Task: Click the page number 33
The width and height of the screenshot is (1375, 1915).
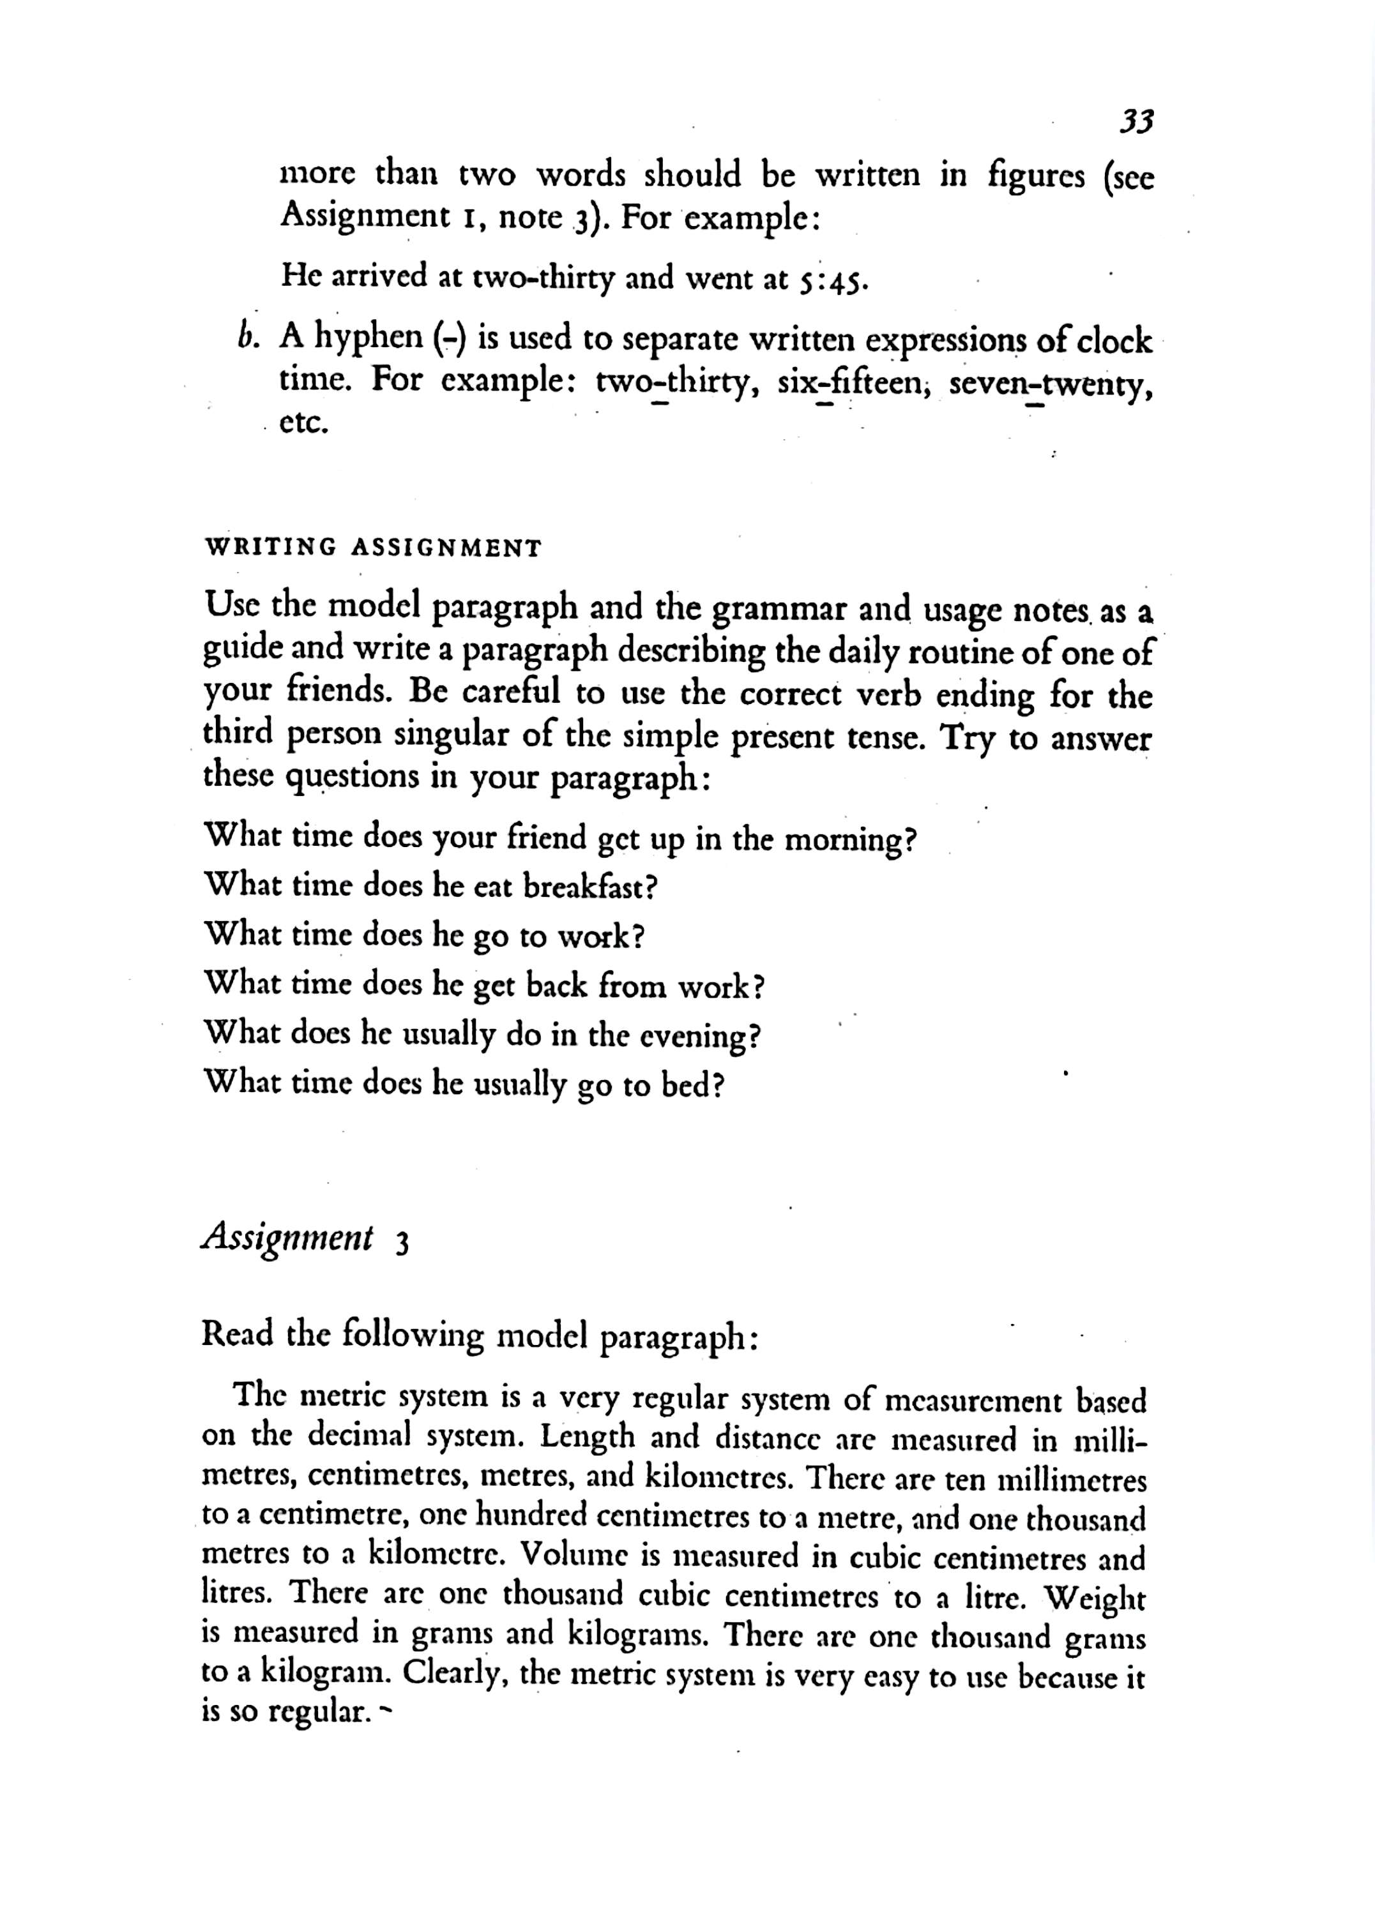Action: [x=1136, y=123]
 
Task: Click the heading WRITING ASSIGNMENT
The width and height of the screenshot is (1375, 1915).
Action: [x=372, y=548]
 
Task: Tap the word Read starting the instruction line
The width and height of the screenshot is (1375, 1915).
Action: [x=238, y=1333]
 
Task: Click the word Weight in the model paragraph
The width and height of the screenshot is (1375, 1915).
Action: [x=1095, y=1598]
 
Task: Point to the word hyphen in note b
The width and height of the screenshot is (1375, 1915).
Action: [x=368, y=340]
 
